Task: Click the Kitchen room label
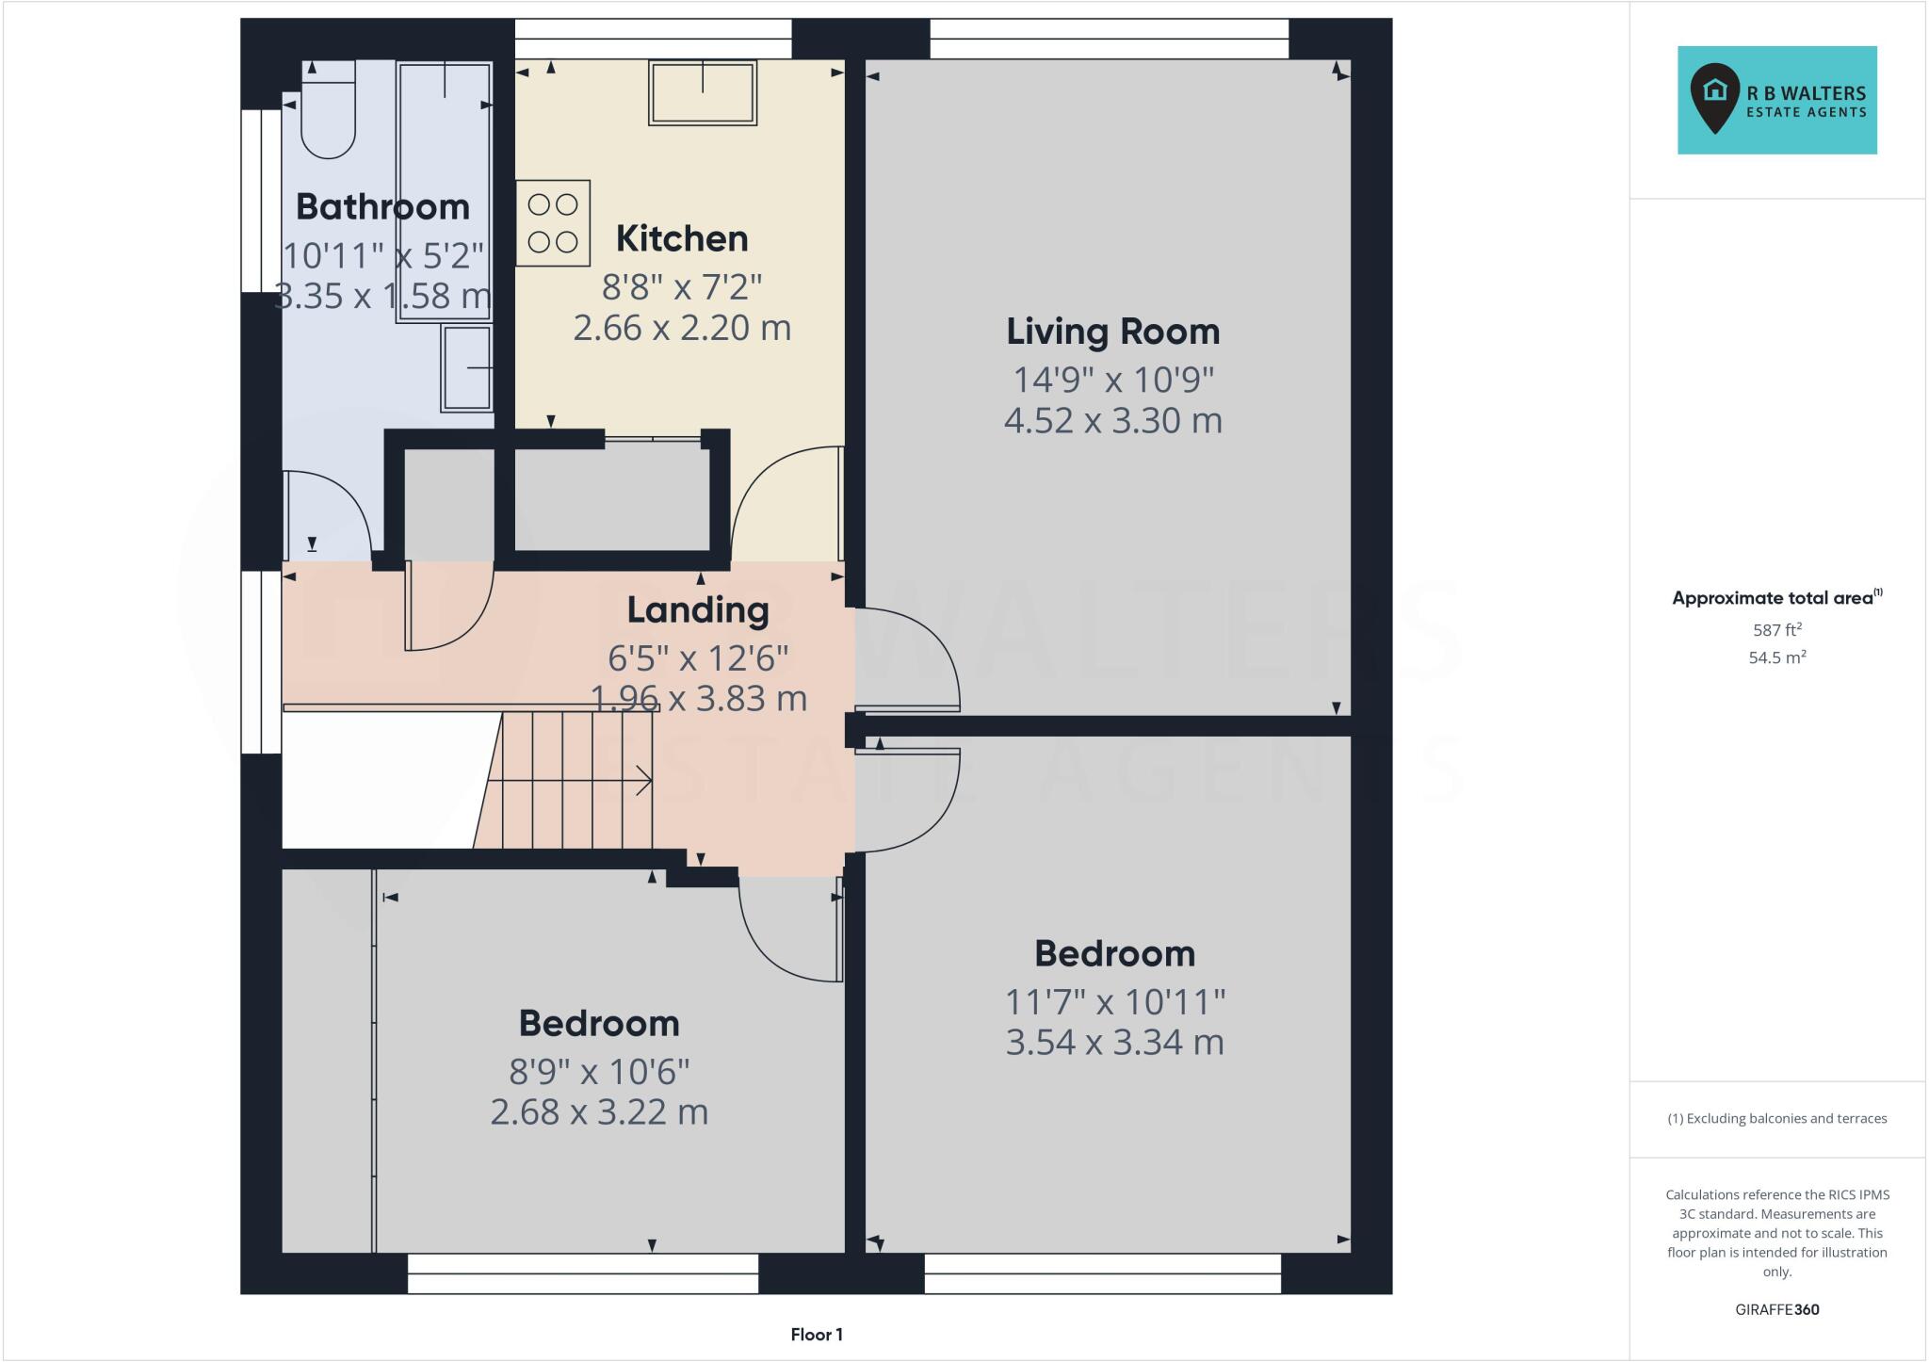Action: point(682,239)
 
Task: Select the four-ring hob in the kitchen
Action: point(553,223)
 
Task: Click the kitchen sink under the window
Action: point(703,92)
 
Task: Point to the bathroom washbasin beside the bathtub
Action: point(467,367)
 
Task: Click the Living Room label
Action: point(1112,332)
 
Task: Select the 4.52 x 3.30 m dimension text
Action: point(1112,420)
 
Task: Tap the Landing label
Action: point(698,610)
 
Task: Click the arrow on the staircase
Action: point(640,780)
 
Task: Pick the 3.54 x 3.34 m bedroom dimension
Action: point(1114,1043)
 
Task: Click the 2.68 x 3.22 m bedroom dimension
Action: point(599,1112)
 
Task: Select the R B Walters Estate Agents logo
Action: point(1776,101)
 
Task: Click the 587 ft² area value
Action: point(1776,630)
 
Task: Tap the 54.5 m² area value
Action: point(1776,657)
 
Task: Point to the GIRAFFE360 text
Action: point(1776,1309)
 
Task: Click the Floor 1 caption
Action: point(816,1335)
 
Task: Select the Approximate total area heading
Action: point(1773,598)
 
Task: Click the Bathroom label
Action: point(382,207)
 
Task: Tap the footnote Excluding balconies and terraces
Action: point(1776,1119)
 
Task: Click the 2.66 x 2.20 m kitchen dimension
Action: point(682,328)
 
